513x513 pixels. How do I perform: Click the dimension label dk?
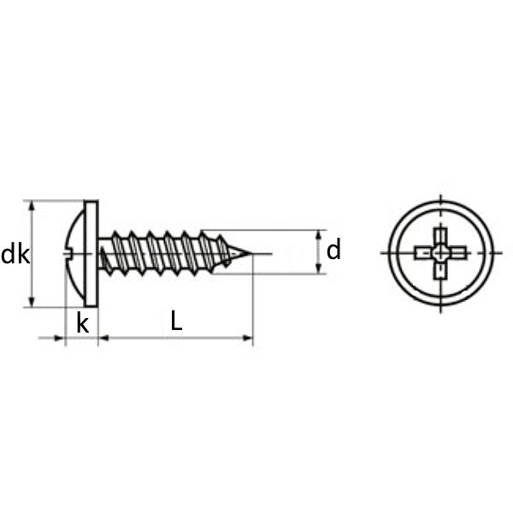click(15, 255)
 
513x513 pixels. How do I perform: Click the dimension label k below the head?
click(82, 324)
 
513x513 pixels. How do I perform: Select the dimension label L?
click(176, 321)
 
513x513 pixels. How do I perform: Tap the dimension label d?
click(333, 250)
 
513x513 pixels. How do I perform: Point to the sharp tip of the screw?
click(251, 254)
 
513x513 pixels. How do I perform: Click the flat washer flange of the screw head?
click(91, 254)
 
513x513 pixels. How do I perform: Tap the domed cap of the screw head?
click(74, 254)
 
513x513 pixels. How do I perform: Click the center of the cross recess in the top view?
click(440, 253)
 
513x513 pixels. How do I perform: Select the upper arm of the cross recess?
click(440, 238)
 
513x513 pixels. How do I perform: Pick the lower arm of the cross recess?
click(440, 270)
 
